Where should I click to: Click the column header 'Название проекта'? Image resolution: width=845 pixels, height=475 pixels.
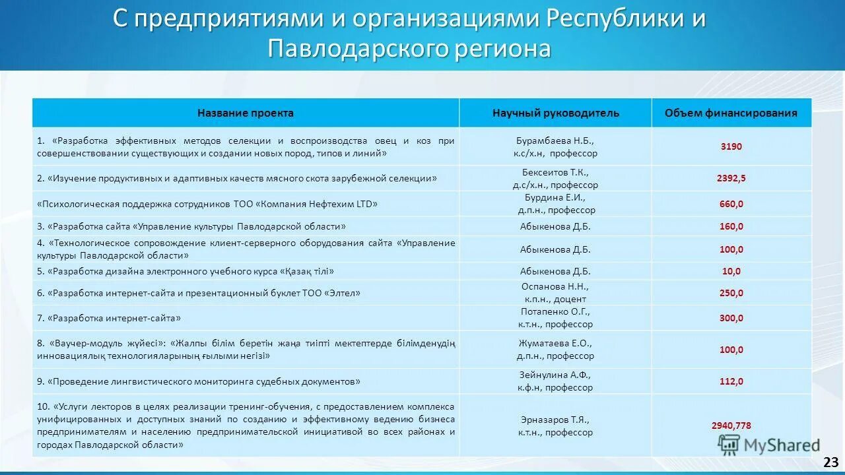point(246,113)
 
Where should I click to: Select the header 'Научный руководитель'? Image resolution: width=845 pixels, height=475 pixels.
point(555,113)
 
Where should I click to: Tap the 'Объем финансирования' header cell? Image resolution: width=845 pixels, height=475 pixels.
point(731,113)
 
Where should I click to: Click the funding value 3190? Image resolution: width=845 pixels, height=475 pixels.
point(731,146)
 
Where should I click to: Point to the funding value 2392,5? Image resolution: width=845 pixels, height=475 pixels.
point(731,178)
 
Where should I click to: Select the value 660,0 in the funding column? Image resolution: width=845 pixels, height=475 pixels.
point(731,204)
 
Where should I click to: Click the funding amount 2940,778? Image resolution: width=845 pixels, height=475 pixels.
point(731,426)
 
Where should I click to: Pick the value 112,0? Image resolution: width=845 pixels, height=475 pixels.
point(731,381)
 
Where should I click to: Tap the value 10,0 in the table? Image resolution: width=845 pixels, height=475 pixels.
point(731,271)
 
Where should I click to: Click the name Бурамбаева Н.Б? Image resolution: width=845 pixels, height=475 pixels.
point(555,141)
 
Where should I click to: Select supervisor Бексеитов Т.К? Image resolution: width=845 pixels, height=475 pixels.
point(555,172)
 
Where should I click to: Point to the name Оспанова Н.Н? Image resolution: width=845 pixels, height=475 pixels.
point(555,286)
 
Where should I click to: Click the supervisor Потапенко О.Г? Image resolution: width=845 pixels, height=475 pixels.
point(555,311)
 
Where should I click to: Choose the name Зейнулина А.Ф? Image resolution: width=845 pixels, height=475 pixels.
point(555,375)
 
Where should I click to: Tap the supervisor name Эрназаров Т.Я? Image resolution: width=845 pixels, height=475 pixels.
point(555,420)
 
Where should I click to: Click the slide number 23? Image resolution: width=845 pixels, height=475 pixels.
point(830,461)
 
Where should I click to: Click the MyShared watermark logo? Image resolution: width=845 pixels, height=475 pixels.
point(769,445)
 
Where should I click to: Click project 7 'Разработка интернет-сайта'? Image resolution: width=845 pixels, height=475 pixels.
point(114,318)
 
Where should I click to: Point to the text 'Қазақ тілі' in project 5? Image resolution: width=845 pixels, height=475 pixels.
point(307,271)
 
